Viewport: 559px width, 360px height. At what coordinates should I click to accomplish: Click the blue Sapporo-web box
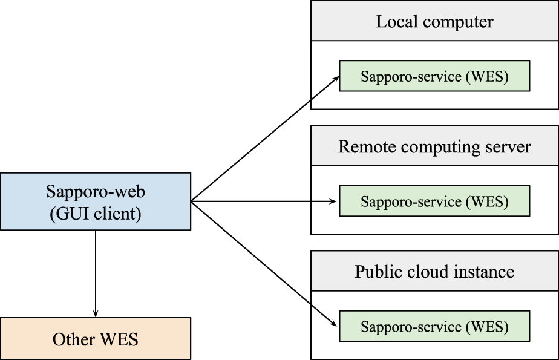tap(96, 201)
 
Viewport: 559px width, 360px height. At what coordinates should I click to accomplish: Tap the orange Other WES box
tap(96, 339)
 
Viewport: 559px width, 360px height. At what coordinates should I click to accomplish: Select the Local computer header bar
tap(434, 22)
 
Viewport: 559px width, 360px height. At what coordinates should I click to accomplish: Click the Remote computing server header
tap(434, 146)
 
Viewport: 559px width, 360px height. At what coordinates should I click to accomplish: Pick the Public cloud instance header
tap(434, 272)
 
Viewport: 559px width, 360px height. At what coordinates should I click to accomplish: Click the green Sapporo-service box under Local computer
tap(434, 77)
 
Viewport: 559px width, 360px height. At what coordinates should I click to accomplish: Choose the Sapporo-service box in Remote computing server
tap(434, 201)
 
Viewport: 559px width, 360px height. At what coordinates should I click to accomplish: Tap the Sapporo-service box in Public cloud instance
tap(434, 327)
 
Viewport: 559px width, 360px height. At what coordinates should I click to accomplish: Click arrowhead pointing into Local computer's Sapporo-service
tap(336, 79)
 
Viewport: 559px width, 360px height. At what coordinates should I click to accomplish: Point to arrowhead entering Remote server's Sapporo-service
tap(335, 201)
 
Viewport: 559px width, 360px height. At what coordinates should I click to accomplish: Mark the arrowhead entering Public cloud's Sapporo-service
tap(336, 324)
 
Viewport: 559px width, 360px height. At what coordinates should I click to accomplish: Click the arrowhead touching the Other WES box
tap(96, 313)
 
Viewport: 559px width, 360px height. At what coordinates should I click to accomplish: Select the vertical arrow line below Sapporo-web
tap(96, 272)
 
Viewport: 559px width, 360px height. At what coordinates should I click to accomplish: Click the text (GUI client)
tap(96, 214)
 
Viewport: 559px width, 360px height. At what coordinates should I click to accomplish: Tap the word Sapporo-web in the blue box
tap(96, 192)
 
